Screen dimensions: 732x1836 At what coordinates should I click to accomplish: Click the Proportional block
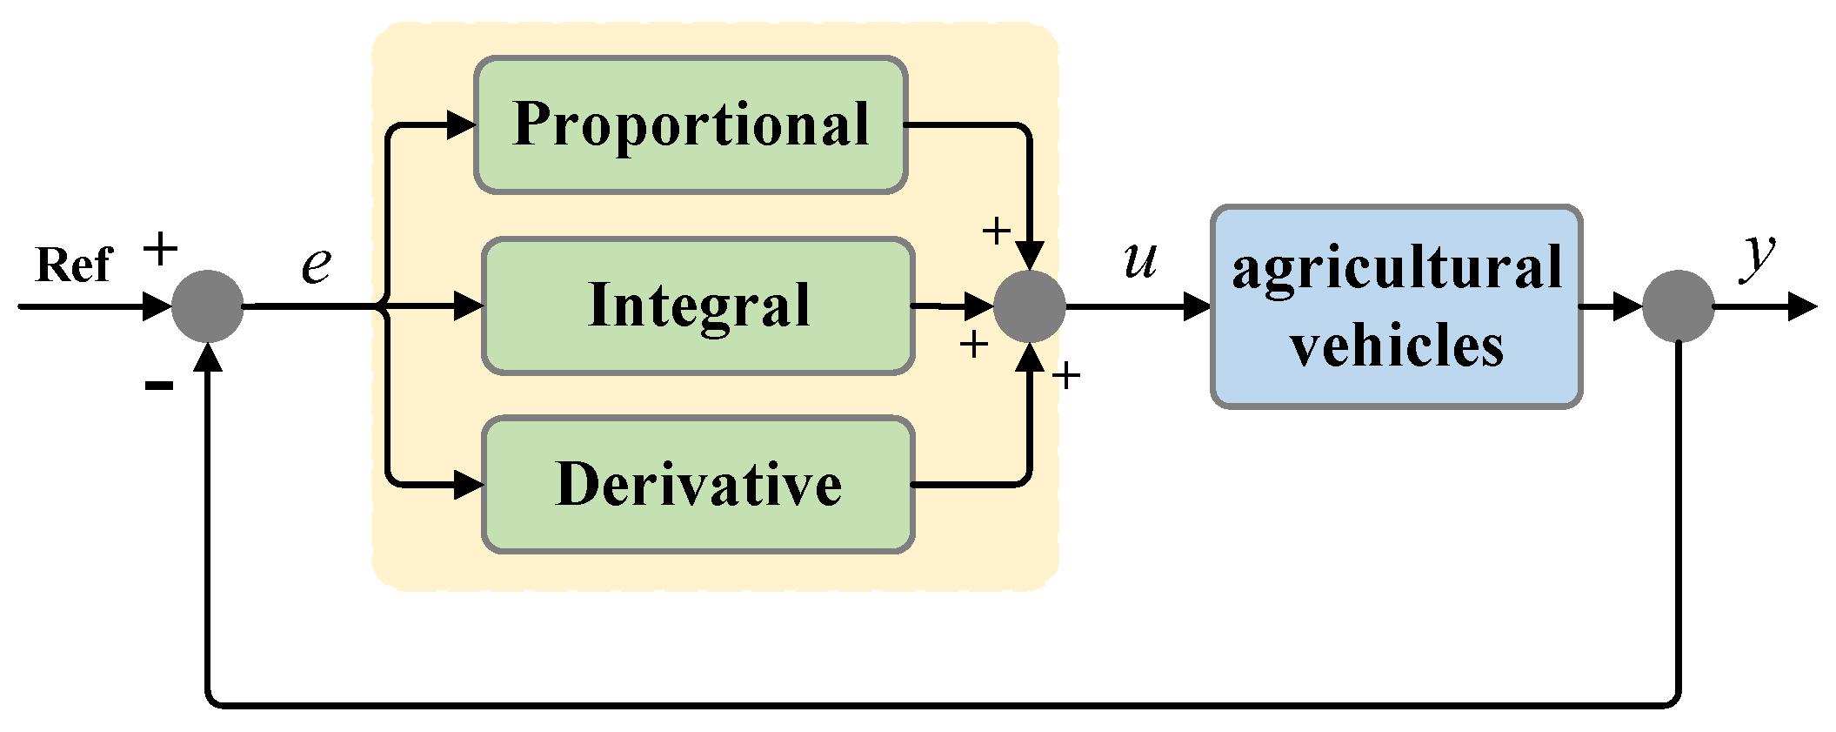point(691,125)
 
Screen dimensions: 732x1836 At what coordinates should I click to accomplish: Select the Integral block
point(698,306)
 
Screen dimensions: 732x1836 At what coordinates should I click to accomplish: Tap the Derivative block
point(698,485)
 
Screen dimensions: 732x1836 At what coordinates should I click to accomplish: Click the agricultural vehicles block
point(1396,306)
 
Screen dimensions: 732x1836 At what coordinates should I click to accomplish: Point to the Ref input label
point(74,265)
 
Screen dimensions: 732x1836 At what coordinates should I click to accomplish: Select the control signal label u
point(1140,259)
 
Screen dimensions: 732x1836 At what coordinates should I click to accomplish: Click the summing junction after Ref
point(207,306)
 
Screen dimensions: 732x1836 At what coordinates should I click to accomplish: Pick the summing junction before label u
point(1030,306)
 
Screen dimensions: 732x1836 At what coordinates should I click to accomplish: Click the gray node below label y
point(1678,306)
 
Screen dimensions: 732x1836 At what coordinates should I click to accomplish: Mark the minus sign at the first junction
point(159,385)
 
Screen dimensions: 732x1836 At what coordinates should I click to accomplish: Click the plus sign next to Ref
point(160,251)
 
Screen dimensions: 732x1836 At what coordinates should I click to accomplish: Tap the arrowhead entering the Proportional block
point(461,125)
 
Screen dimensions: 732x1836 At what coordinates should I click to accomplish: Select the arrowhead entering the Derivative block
point(469,485)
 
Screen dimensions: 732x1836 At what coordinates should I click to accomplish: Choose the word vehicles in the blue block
point(1396,346)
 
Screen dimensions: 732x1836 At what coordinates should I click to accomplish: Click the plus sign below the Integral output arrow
point(974,345)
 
